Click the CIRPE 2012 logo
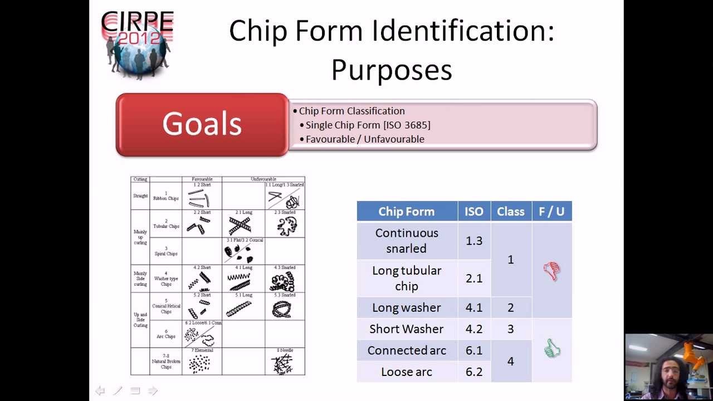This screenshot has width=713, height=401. click(137, 45)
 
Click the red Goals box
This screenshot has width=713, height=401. click(202, 124)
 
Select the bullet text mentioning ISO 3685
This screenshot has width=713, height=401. click(368, 125)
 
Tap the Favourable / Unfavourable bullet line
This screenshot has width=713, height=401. click(364, 139)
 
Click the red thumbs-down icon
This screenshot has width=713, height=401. click(551, 271)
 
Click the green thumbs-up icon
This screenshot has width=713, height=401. click(552, 349)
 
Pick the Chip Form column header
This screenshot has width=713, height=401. click(407, 212)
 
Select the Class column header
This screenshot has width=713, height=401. click(510, 212)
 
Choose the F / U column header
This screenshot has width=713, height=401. click(551, 212)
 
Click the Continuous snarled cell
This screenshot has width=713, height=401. click(407, 241)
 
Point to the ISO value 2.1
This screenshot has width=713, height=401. click(474, 278)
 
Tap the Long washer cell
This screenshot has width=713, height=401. click(407, 307)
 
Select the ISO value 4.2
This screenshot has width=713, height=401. click(474, 329)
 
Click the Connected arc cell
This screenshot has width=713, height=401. click(407, 350)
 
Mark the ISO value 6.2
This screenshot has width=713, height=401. click(474, 372)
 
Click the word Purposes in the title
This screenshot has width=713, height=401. click(392, 70)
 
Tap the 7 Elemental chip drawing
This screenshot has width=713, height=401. click(199, 364)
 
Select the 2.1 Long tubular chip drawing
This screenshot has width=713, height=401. click(240, 225)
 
